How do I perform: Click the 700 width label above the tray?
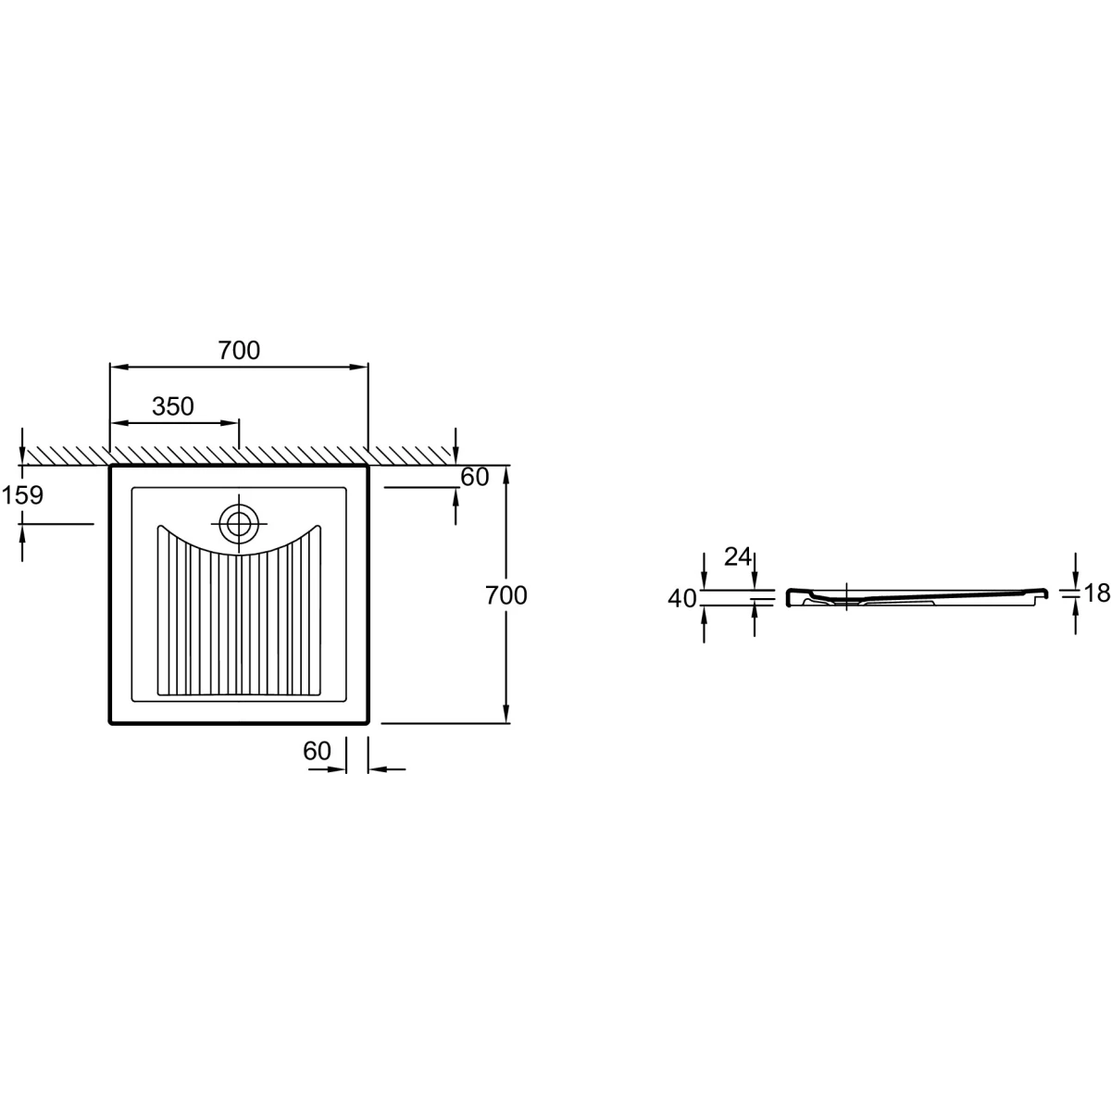coord(239,351)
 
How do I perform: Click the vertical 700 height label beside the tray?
coord(506,595)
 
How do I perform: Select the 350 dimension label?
coord(173,407)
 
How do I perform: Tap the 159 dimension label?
coord(22,495)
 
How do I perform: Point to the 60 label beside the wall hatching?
coord(475,478)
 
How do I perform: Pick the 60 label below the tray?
coord(318,751)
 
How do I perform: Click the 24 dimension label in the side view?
coord(738,557)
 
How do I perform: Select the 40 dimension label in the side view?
coord(682,599)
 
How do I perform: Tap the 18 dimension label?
coord(1096,593)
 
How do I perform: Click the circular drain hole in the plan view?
coord(239,523)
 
